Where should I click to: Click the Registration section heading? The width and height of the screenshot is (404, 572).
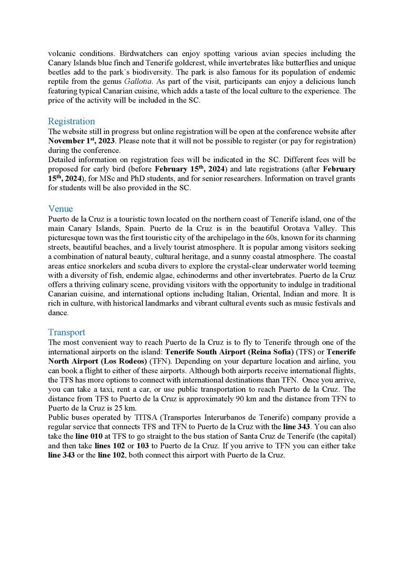[x=71, y=122]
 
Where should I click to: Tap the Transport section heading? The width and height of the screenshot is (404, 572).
[x=67, y=332]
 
